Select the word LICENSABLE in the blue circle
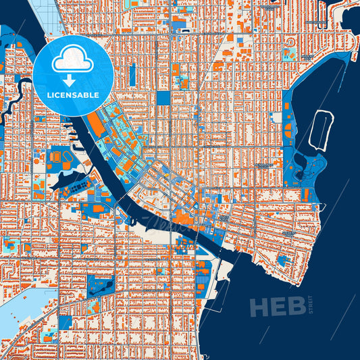(72, 95)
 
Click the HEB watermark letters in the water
(278, 307)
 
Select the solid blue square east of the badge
(163, 98)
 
